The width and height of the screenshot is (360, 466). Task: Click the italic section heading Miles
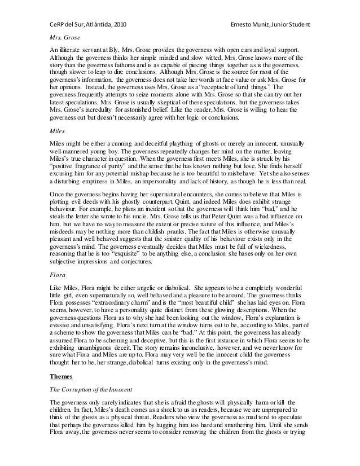[x=56, y=129]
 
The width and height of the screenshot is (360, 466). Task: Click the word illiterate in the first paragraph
[x=69, y=51]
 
